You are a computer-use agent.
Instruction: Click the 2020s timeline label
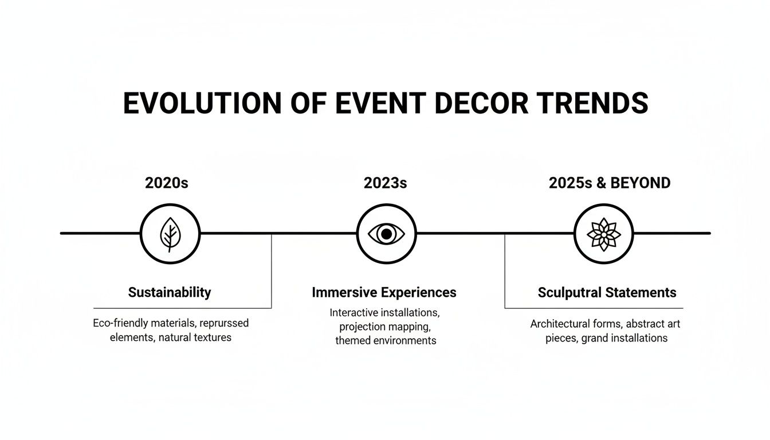(x=167, y=183)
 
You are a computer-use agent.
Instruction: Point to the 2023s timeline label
(x=385, y=183)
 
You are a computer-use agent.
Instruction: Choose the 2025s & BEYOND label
(x=610, y=183)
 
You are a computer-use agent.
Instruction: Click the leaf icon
(x=170, y=234)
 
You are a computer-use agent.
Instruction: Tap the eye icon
(x=386, y=234)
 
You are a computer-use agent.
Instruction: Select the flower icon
(x=603, y=234)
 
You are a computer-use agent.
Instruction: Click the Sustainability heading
(x=170, y=292)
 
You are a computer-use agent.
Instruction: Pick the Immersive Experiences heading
(x=384, y=292)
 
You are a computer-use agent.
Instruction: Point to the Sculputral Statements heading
(x=607, y=292)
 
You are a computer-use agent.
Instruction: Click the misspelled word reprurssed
(x=224, y=323)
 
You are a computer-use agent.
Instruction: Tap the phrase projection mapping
(x=384, y=327)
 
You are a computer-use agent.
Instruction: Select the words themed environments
(x=386, y=340)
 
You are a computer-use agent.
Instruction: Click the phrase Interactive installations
(x=384, y=313)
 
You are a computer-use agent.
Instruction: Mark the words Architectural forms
(x=568, y=324)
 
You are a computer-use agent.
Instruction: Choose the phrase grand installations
(x=624, y=338)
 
